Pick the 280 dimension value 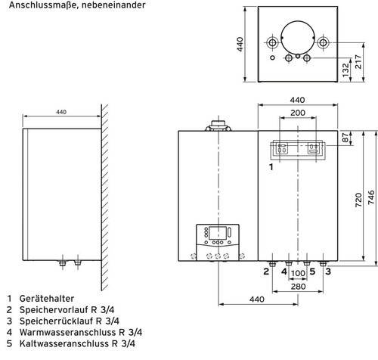click(x=296, y=287)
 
